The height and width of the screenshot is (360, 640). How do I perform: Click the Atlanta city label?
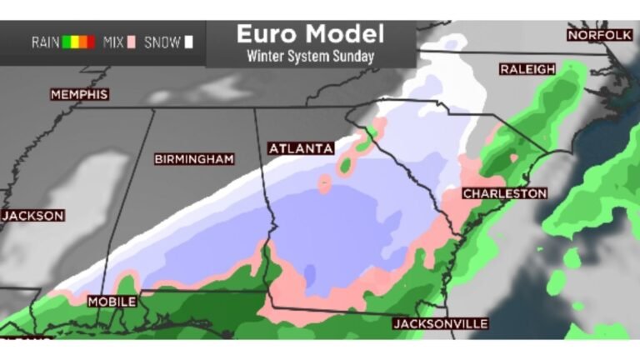301,148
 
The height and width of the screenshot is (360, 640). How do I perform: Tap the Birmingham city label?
194,158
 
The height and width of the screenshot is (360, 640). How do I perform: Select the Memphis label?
80,95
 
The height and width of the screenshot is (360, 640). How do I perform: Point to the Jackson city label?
32,215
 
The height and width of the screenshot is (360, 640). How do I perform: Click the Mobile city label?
112,301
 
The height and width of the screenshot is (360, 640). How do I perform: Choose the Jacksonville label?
441,323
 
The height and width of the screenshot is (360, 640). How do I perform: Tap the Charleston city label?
505,193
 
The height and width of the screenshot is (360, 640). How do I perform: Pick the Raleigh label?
527,69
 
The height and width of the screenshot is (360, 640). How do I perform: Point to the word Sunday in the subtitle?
354,57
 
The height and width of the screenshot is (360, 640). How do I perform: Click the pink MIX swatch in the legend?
132,42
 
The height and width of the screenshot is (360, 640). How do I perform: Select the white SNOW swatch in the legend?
189,42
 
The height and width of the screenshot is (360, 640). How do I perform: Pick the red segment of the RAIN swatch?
91,42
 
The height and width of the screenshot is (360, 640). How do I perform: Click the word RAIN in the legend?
45,42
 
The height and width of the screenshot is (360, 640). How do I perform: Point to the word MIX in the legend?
113,42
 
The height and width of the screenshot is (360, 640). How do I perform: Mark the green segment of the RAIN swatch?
66,42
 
